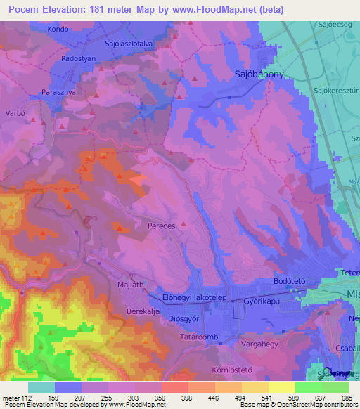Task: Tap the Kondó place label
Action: pyautogui.click(x=58, y=30)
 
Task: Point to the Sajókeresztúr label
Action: pyautogui.click(x=336, y=91)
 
